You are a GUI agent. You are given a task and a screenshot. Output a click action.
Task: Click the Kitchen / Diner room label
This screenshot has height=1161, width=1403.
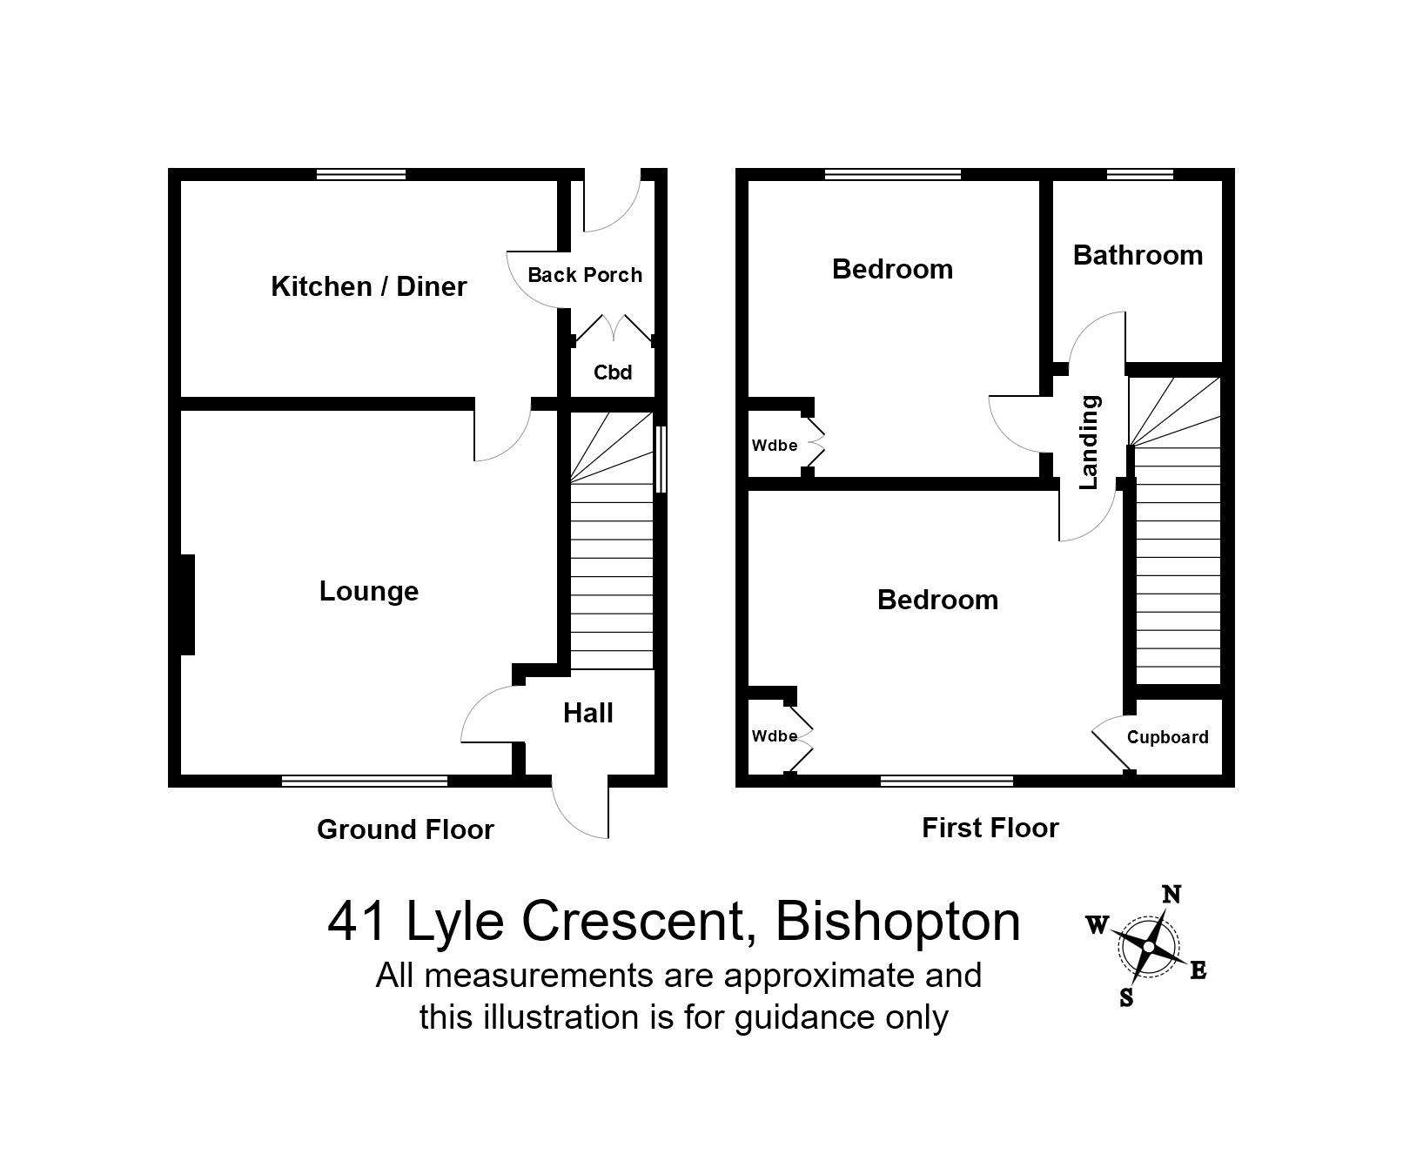point(369,286)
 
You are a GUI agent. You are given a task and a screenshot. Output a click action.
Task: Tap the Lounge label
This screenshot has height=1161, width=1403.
point(369,592)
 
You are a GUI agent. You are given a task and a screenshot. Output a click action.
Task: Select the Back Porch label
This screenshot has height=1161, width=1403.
point(585,275)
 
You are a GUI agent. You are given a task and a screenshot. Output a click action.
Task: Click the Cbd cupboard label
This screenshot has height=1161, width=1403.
point(612,372)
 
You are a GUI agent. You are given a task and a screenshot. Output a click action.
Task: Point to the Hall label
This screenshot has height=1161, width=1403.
point(588,714)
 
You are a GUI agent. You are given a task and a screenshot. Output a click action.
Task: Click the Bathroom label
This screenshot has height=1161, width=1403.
point(1138,256)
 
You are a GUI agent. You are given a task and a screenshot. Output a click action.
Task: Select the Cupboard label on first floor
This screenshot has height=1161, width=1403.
point(1167,737)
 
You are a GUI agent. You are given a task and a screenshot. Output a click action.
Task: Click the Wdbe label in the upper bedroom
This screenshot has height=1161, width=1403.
point(775,446)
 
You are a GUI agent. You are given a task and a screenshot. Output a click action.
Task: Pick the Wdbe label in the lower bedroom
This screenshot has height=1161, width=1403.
point(775,736)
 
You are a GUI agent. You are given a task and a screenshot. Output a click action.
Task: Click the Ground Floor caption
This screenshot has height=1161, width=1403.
point(405,829)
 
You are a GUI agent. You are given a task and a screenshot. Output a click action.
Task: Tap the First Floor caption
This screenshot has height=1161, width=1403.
point(990,828)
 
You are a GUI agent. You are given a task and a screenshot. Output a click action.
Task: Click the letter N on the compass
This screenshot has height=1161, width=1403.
point(1171,895)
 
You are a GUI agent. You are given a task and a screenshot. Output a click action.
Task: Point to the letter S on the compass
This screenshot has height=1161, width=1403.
point(1126,997)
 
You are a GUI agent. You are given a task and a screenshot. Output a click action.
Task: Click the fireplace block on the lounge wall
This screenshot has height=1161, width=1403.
point(186,604)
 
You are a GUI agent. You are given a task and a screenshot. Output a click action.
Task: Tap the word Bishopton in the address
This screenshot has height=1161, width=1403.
point(897,922)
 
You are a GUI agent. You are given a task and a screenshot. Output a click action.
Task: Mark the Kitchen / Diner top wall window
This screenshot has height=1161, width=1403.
point(361,174)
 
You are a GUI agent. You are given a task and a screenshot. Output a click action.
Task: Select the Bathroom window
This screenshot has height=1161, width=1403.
point(1139,174)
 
